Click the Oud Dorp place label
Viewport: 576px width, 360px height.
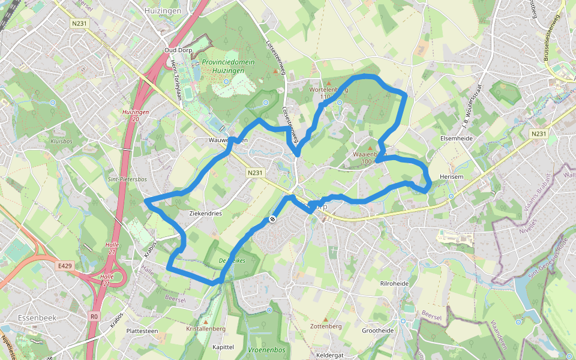(178, 50)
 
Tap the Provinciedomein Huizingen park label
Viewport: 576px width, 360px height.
(228, 66)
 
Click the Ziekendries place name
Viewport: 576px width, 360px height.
(205, 214)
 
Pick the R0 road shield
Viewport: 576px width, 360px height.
(94, 316)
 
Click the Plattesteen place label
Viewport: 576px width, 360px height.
(142, 331)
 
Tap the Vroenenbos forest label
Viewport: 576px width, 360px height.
(266, 349)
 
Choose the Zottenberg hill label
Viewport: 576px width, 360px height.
(326, 326)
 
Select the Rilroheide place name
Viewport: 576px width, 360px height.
(394, 283)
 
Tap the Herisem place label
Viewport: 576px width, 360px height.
(451, 176)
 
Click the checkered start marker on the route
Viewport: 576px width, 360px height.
(272, 219)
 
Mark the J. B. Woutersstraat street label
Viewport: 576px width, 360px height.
(473, 109)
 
